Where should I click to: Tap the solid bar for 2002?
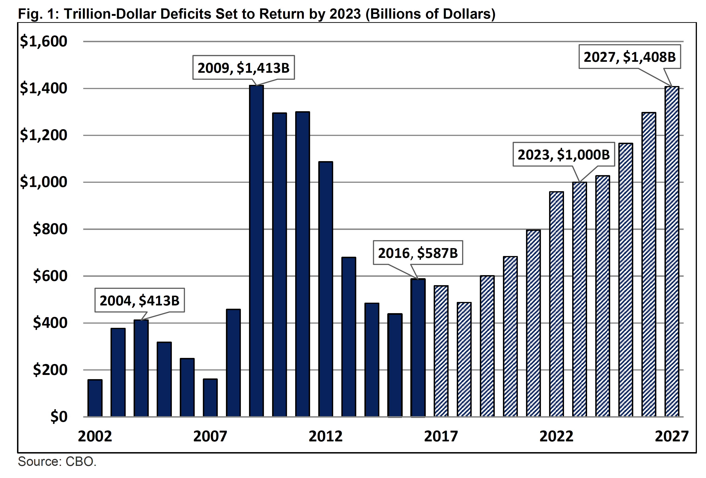pos(95,398)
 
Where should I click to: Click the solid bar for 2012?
pos(326,289)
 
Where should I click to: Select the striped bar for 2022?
pos(556,304)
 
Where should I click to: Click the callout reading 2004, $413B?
pos(139,300)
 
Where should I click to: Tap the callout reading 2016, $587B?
pos(418,253)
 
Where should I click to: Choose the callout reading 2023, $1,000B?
pos(564,154)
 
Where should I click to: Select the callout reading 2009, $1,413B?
pos(243,67)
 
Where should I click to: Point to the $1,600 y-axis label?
pos(43,41)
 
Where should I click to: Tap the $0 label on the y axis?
pos(59,417)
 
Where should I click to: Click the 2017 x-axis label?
pos(441,436)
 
